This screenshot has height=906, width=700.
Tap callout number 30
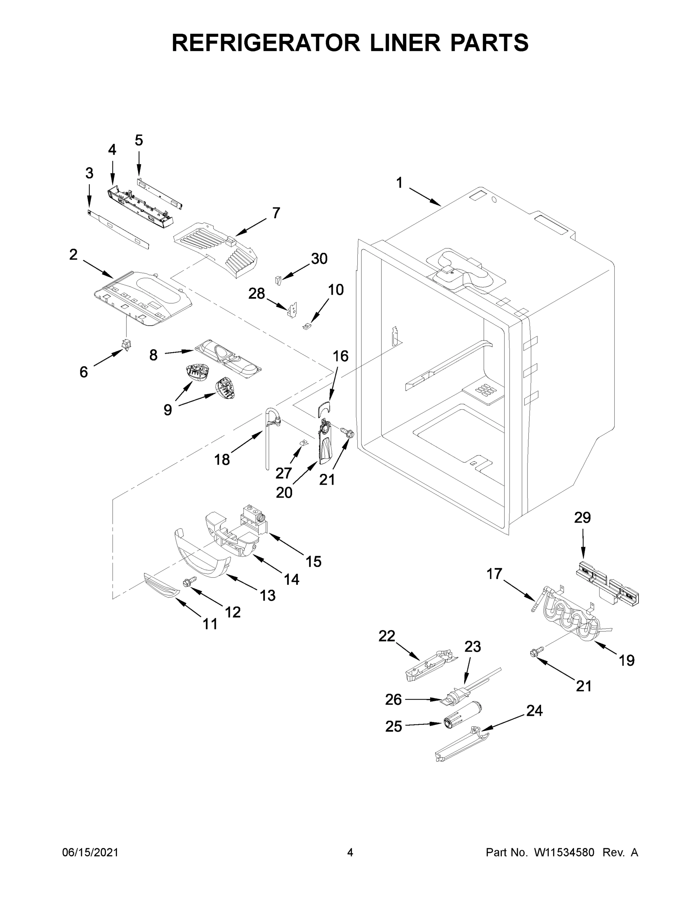tap(319, 259)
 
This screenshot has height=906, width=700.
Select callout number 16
tap(340, 356)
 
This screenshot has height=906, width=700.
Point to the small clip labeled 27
tap(303, 443)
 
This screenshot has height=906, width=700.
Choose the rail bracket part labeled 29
tap(607, 581)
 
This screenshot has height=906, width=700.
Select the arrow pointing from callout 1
tap(425, 197)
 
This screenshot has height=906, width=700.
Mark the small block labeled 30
tap(278, 280)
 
